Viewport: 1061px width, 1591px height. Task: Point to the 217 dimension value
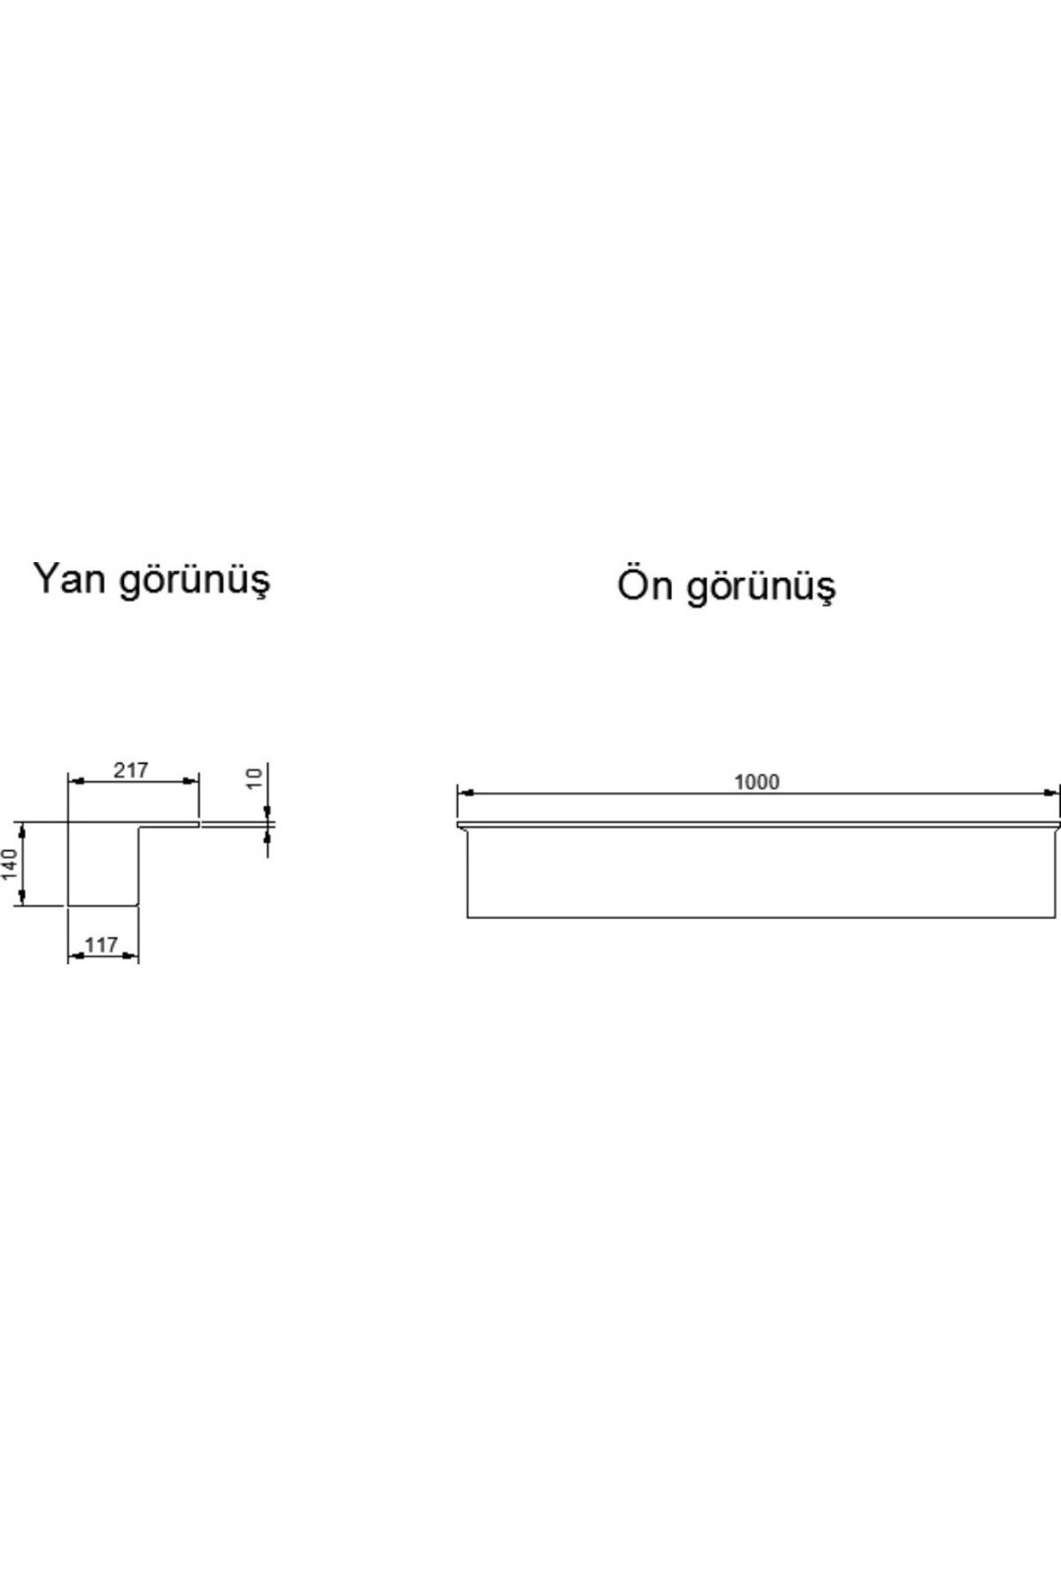[131, 771]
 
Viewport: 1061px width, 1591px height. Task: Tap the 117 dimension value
[103, 945]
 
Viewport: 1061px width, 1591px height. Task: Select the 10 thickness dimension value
[255, 778]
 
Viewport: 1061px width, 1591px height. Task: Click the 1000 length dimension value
[757, 782]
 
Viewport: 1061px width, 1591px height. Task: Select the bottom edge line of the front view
[761, 917]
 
